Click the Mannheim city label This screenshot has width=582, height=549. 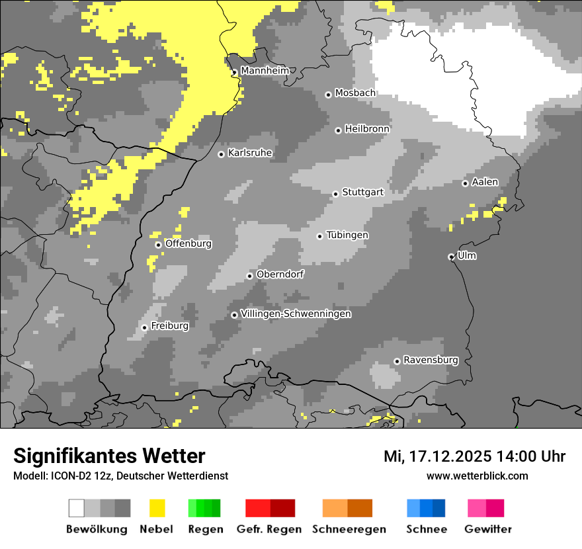coord(265,71)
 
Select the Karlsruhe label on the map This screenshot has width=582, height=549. coord(249,153)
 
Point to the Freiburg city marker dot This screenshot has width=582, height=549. coord(144,327)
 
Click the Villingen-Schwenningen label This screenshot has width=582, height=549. coord(296,314)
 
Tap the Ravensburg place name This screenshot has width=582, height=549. coord(431,360)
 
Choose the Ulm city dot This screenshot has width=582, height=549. coord(451,257)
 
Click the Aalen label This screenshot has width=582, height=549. coord(485,183)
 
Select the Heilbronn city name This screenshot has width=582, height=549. coord(367,129)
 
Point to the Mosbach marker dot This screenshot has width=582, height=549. coord(328,95)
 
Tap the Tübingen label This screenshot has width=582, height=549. coord(347,235)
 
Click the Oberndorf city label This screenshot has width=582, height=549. coord(280,274)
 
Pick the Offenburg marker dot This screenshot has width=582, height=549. coord(158,245)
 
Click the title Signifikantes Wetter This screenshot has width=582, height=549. coord(109,456)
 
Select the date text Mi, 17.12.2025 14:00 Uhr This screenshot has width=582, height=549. coord(474,456)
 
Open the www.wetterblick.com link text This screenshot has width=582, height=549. coord(477,476)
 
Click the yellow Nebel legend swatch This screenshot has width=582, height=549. coord(157,508)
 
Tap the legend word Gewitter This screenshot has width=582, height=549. coord(487,529)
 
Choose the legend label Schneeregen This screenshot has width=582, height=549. coord(349,529)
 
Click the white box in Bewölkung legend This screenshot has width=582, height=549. coord(77,508)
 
